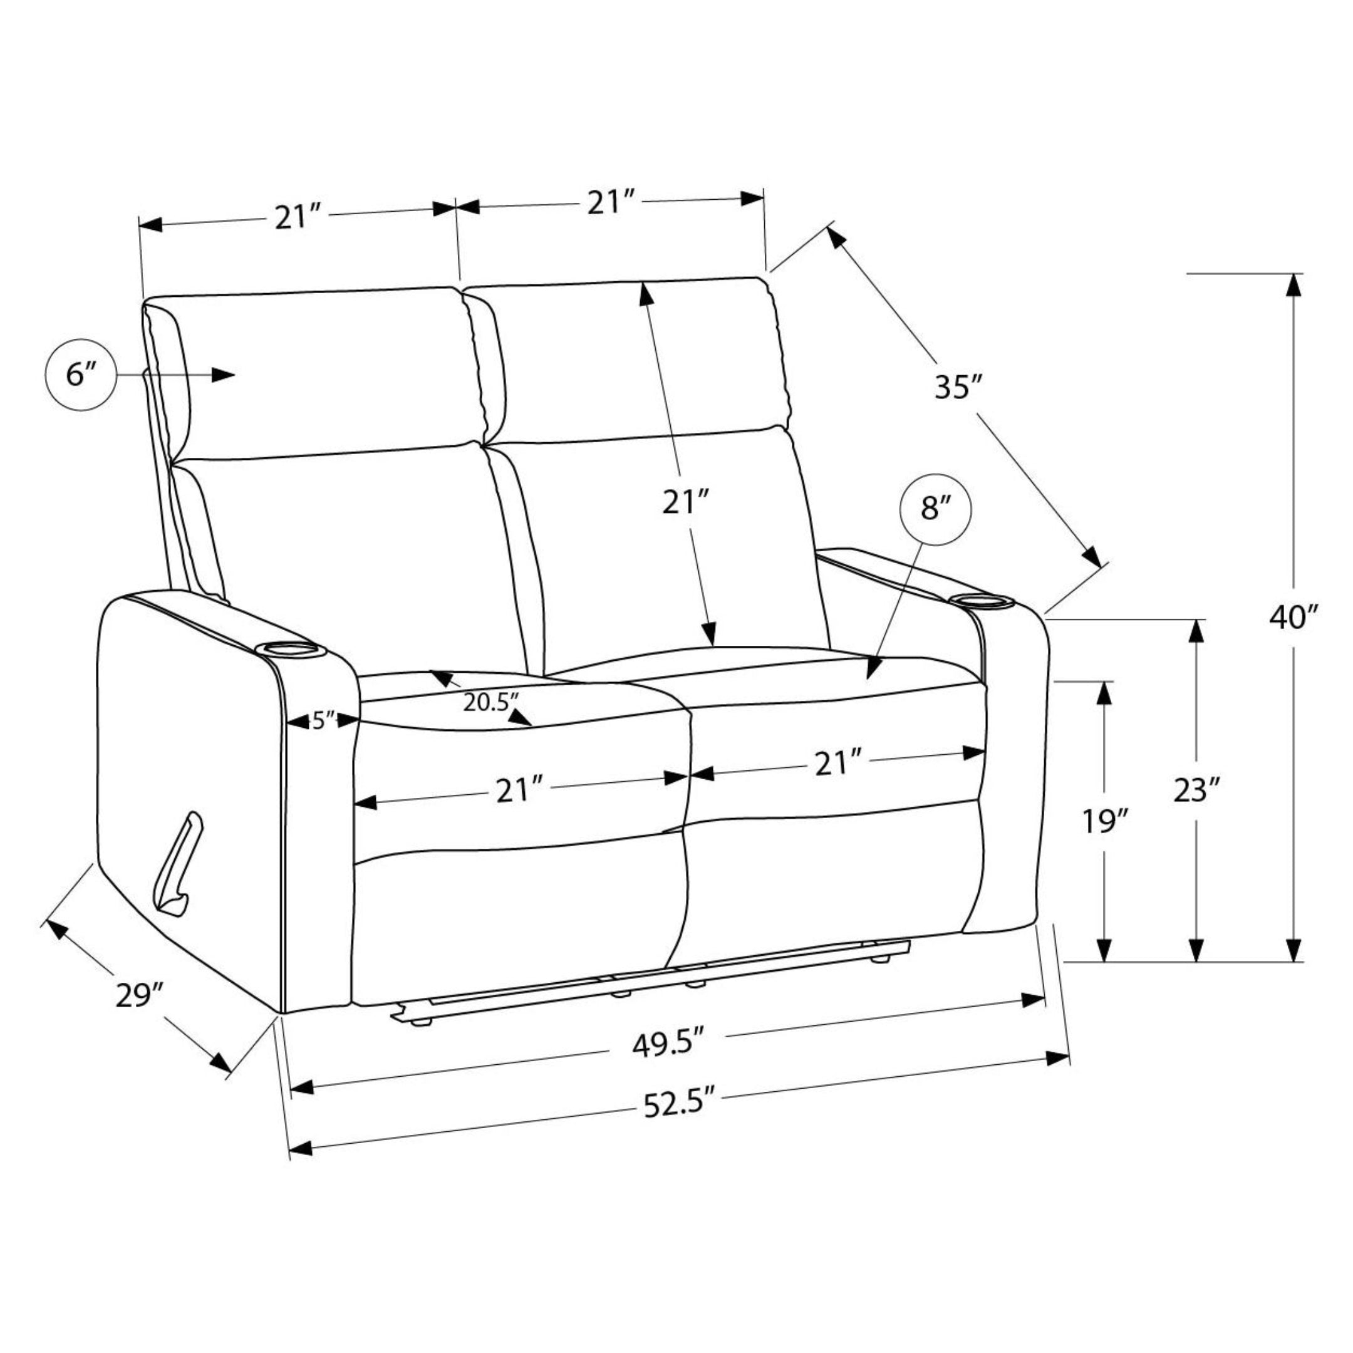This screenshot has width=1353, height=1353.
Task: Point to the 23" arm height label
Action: pyautogui.click(x=1197, y=791)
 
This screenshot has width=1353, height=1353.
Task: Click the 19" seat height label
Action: pyautogui.click(x=1105, y=821)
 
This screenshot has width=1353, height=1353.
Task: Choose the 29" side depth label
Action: pyautogui.click(x=139, y=995)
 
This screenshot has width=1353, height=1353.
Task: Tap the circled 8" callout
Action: pyautogui.click(x=936, y=509)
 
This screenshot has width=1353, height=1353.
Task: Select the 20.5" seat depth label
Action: pyautogui.click(x=491, y=702)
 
